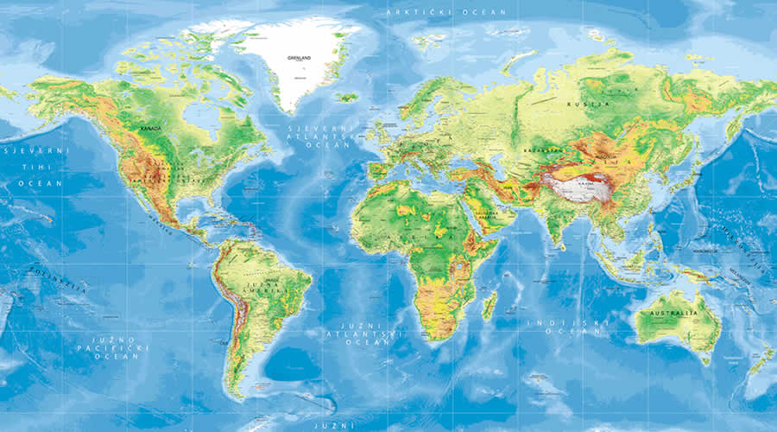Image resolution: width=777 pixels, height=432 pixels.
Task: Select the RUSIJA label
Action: pyautogui.click(x=577, y=104)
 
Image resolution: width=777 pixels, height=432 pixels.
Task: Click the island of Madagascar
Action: pyautogui.click(x=489, y=304)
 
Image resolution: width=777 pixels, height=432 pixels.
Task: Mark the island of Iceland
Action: pyautogui.click(x=347, y=97)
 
